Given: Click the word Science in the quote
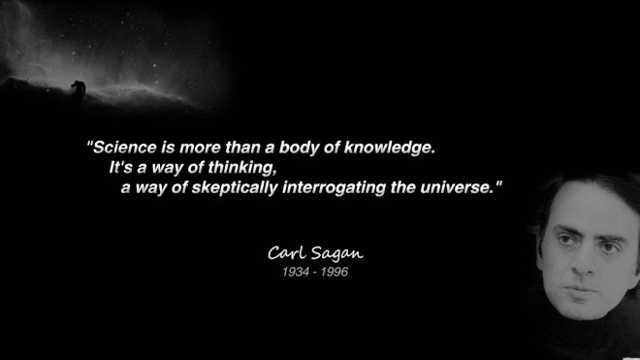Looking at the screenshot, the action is pos(125,147).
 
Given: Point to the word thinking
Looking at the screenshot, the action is pos(242,168).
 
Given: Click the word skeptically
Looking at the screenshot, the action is pos(235,188).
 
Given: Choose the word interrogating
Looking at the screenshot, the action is pos(334,188).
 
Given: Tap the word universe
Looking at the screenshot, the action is pos(457,187).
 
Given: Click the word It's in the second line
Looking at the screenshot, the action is pos(121,168).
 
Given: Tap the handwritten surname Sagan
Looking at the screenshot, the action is pos(337,254).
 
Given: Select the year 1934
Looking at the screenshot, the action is pos(296,272).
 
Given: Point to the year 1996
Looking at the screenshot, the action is pos(335,272).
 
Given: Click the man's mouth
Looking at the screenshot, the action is pos(580,292).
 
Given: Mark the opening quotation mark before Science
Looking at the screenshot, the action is pos(90,144).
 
